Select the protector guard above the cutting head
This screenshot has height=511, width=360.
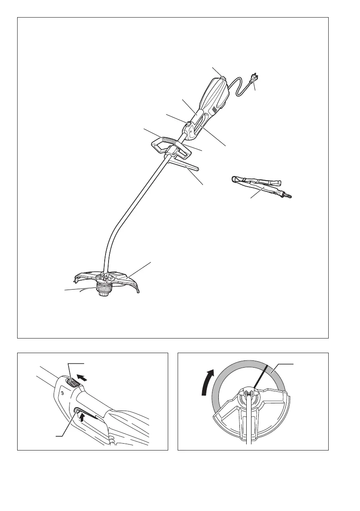click(x=124, y=279)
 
